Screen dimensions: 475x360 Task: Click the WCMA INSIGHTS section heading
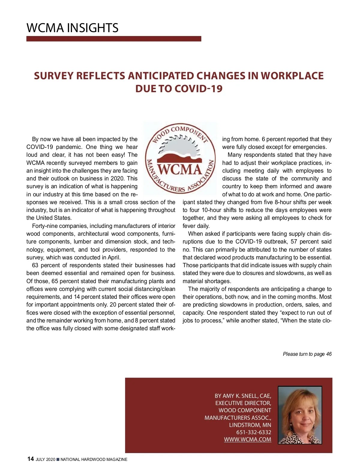click(73, 28)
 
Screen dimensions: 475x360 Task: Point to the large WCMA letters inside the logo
click(180, 169)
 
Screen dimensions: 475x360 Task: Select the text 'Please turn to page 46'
click(307, 354)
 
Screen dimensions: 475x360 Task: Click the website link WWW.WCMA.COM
click(247, 439)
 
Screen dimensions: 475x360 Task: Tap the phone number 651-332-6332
click(253, 432)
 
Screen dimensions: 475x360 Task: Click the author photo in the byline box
click(300, 415)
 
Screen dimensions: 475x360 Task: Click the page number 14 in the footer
click(30, 459)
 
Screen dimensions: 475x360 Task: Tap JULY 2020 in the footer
click(45, 459)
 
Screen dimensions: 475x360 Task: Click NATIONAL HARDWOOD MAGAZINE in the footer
click(94, 459)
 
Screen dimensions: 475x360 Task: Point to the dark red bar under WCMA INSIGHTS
click(114, 39)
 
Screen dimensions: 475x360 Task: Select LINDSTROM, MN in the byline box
click(250, 425)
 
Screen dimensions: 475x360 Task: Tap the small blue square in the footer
click(58, 459)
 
